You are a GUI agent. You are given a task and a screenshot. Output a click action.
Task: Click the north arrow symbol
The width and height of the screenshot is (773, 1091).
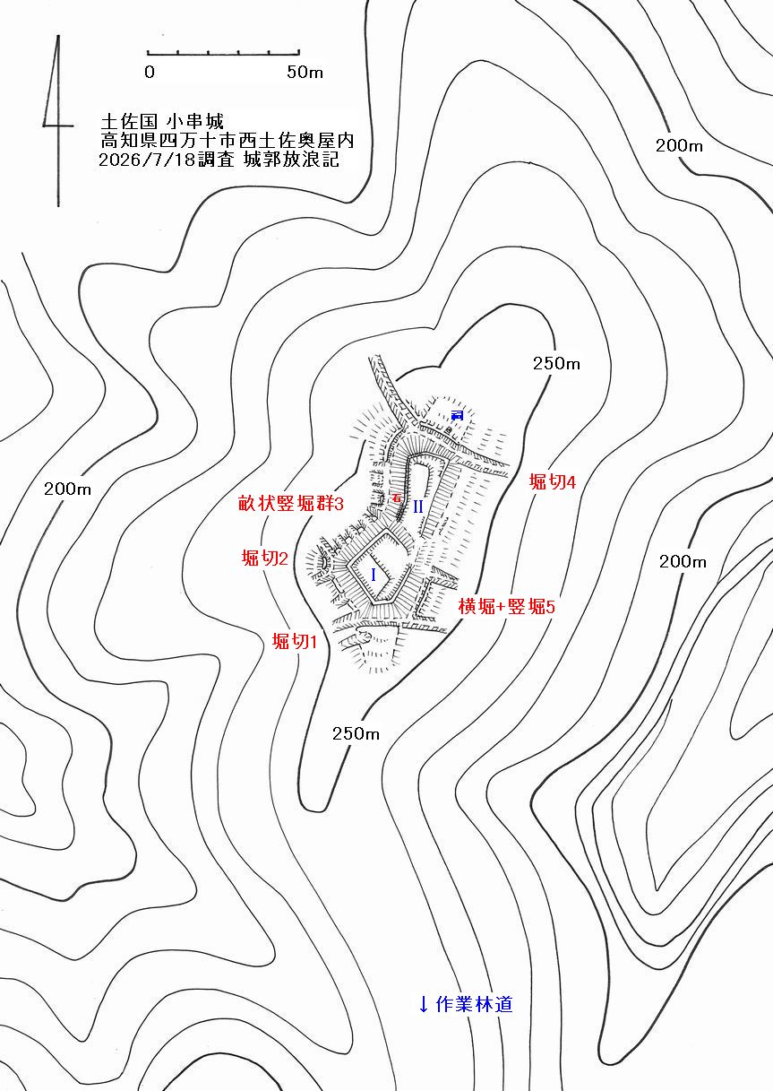pos(58,122)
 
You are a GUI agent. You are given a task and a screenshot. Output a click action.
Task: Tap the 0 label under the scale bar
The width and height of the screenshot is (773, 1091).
pos(150,72)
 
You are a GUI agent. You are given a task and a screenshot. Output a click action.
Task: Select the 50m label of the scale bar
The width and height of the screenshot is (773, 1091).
pos(305,72)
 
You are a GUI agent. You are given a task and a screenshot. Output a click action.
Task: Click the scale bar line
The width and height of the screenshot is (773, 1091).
pos(223,53)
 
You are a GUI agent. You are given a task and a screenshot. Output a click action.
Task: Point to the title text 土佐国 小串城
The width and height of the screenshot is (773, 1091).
pos(161,121)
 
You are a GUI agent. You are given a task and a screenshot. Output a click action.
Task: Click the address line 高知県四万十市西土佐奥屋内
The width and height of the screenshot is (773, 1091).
pos(227,141)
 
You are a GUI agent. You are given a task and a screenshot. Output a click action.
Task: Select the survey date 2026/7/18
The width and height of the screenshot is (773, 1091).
pos(147,160)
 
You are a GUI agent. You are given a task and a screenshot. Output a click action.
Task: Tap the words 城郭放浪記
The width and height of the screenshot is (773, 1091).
pos(291,160)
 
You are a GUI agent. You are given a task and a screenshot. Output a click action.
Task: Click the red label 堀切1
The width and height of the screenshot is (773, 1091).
pos(295,642)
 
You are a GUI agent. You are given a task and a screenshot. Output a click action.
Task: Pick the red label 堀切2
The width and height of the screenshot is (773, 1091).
pos(265,558)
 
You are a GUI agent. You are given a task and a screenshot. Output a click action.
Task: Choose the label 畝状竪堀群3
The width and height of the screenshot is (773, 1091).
pos(290,503)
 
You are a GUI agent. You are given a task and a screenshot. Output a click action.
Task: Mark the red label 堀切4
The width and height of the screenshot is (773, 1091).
pos(553,481)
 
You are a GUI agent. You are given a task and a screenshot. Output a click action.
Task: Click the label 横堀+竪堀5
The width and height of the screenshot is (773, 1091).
pos(506,606)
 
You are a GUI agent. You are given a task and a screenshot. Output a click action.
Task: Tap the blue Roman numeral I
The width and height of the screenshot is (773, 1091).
pos(374,576)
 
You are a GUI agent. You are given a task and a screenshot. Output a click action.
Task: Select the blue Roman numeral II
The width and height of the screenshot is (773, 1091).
pos(418,507)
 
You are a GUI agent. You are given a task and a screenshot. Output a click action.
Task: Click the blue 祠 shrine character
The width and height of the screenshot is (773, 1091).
pos(457,415)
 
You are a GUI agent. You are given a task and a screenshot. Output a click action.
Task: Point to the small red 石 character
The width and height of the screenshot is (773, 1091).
pos(397,498)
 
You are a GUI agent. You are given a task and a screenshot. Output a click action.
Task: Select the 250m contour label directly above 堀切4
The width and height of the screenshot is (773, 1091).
pos(556,363)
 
